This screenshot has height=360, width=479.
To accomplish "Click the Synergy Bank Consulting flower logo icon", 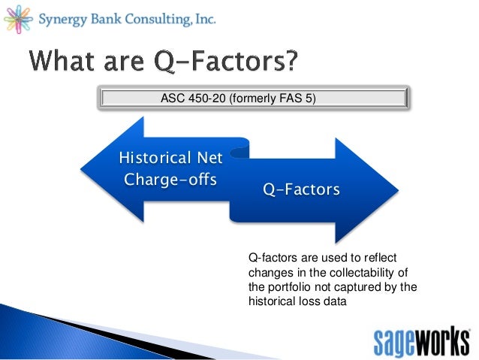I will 18,17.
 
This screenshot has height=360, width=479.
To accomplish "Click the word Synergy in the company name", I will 64,17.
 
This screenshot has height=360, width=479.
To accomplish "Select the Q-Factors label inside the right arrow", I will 300,189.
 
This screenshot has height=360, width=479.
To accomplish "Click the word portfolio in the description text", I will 288,286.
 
